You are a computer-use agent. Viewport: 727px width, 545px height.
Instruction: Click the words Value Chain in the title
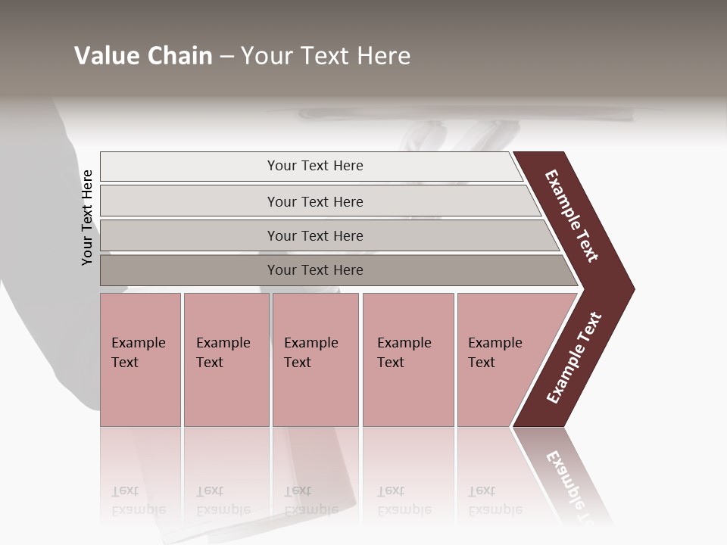(143, 56)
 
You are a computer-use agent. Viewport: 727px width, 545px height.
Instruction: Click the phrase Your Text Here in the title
(326, 56)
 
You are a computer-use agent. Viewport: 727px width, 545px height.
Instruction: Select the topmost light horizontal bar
(315, 166)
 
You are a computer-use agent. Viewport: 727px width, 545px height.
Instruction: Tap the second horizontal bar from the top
(315, 201)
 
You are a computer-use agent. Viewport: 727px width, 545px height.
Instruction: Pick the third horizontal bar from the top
(315, 235)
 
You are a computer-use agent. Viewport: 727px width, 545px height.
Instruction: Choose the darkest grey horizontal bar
(315, 270)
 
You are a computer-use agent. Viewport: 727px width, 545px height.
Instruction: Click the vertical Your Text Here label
(87, 217)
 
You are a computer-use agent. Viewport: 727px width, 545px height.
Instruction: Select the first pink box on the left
(140, 360)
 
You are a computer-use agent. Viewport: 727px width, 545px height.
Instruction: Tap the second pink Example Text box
(226, 360)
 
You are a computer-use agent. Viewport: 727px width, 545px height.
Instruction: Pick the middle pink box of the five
(315, 360)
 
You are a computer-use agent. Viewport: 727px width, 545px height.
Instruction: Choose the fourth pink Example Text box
(408, 360)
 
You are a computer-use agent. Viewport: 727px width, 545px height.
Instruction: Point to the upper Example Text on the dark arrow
(572, 216)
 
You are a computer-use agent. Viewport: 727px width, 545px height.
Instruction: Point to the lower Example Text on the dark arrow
(573, 358)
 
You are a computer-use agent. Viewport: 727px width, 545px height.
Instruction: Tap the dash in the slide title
(226, 57)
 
